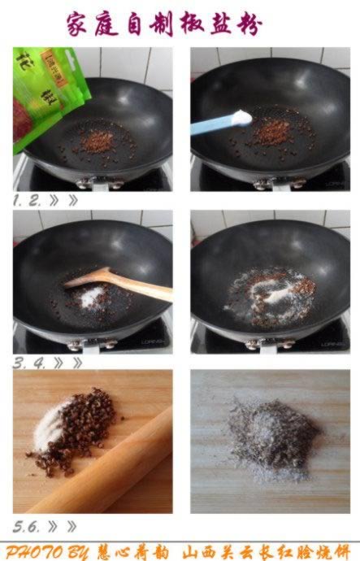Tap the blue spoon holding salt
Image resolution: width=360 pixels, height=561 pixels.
pyautogui.click(x=215, y=124)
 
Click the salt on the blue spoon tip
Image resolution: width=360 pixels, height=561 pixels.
pyautogui.click(x=241, y=118)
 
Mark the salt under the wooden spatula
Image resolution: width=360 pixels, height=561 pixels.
pyautogui.click(x=89, y=298)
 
